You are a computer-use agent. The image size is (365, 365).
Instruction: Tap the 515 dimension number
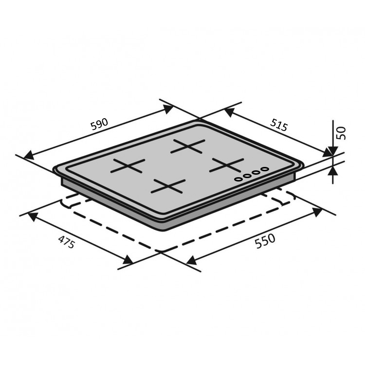[279, 125]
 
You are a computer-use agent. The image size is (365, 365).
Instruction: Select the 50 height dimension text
[342, 133]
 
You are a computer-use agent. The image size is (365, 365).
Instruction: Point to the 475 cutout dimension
[67, 242]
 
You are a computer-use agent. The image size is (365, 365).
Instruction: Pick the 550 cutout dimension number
[265, 241]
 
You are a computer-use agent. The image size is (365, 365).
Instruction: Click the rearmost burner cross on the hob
[188, 146]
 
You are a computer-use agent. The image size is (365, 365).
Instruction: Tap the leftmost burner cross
[128, 166]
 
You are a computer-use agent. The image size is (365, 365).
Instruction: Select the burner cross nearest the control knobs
[226, 165]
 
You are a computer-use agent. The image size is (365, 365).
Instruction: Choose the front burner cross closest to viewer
[168, 186]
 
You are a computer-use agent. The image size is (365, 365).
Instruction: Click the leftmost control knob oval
[238, 179]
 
